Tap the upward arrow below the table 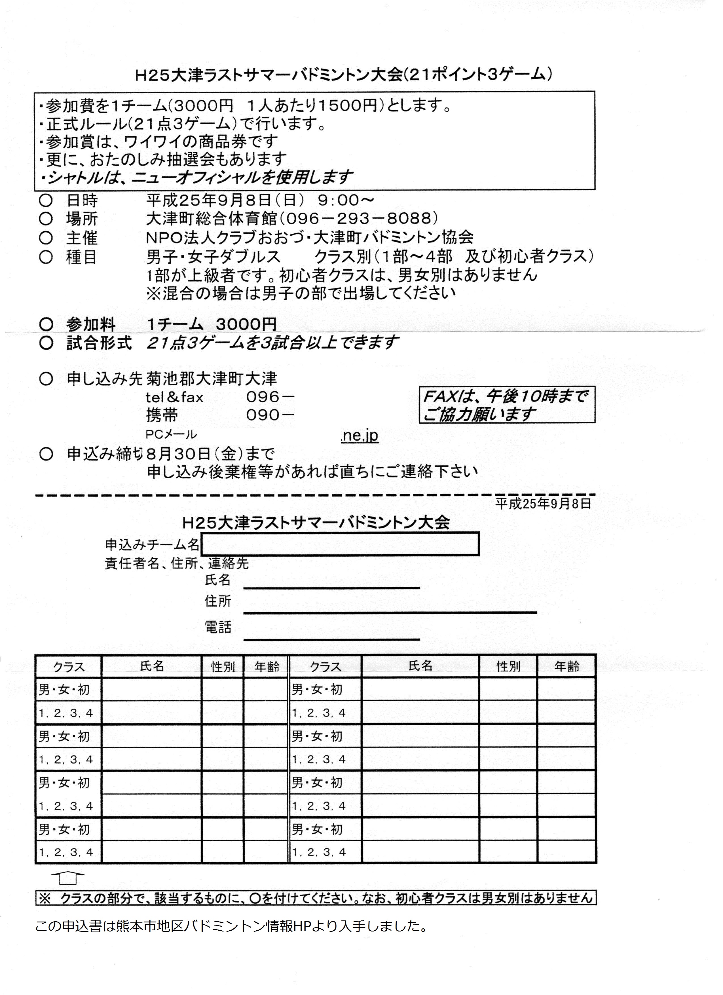pos(67,878)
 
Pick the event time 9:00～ pos(346,200)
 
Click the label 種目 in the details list pos(82,257)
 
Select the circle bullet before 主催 pos(46,238)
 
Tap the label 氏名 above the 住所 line pos(217,580)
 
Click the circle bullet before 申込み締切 pos(46,454)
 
